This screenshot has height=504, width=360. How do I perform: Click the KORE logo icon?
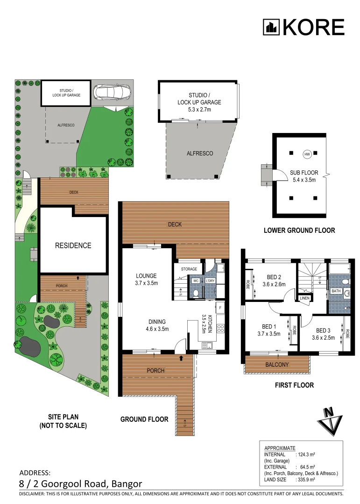[x=271, y=28]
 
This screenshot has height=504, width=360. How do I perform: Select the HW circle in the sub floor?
[x=307, y=154]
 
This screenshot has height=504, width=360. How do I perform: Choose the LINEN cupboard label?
[x=304, y=298]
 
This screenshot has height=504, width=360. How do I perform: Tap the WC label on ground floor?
[x=196, y=281]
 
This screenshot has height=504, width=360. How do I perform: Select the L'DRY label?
[x=210, y=281]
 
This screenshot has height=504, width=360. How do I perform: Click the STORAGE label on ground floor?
[x=189, y=269]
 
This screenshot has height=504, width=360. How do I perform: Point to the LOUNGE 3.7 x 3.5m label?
[x=147, y=279]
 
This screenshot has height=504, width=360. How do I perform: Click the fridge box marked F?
[x=219, y=308]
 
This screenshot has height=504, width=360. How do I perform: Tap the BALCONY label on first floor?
[x=277, y=364]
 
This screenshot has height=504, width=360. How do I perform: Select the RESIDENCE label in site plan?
[x=73, y=245]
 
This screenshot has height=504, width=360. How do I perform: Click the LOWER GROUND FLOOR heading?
[x=299, y=230]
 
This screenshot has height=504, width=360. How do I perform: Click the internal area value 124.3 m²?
[x=306, y=454]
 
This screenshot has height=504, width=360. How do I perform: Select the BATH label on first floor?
[x=336, y=291]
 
